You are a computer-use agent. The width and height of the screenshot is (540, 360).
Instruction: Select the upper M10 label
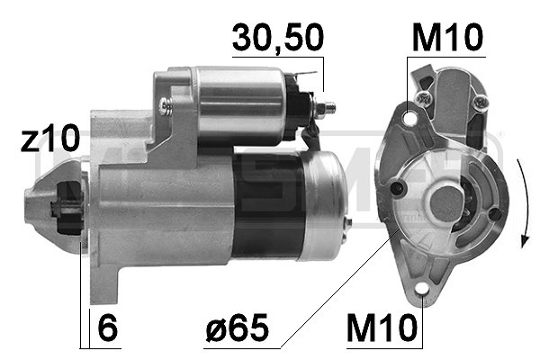pos(447,38)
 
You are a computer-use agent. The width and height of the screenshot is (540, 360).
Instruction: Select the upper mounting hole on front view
pos(411,116)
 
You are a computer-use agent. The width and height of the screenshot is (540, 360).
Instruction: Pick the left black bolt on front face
pos(397,188)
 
